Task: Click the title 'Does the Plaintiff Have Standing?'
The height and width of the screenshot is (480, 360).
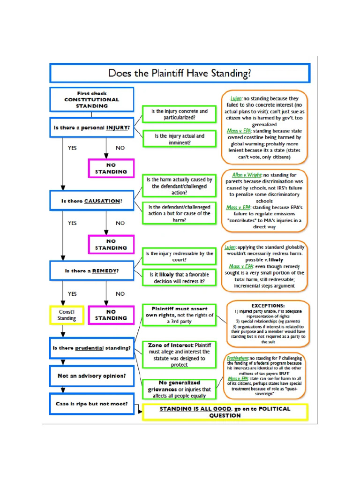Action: pos(180,74)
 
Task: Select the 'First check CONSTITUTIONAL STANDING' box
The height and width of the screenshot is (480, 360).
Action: pos(92,99)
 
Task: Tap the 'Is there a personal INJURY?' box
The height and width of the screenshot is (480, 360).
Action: pos(92,127)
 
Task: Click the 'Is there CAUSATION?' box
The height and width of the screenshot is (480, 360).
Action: pos(92,201)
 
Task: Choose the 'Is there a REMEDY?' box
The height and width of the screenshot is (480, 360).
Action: pos(92,271)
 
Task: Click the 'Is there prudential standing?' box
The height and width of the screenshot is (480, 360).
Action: pos(92,348)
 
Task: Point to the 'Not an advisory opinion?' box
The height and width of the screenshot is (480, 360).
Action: pos(92,375)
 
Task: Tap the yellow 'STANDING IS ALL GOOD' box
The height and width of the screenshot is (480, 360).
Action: pos(225,412)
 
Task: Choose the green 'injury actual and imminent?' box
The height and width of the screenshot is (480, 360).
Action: pos(180,139)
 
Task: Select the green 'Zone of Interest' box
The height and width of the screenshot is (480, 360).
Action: pos(180,355)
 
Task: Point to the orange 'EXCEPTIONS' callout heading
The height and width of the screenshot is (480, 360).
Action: pos(268,305)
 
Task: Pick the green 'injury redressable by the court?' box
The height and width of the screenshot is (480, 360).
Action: pos(180,256)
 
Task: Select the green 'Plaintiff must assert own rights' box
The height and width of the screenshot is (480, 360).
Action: pos(180,315)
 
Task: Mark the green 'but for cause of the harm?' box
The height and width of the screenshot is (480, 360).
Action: pos(180,213)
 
